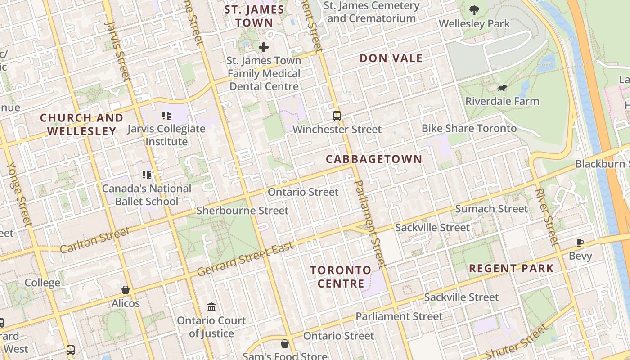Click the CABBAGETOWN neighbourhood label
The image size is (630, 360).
(x=374, y=159)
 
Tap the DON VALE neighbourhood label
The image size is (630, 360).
(x=391, y=58)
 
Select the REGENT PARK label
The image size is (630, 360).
(x=511, y=269)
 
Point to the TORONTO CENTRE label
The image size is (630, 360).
(x=341, y=277)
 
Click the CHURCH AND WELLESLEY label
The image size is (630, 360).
(x=81, y=125)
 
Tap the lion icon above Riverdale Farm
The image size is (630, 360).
(x=502, y=88)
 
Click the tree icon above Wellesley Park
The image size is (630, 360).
(x=474, y=10)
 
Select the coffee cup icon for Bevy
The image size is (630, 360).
(x=580, y=243)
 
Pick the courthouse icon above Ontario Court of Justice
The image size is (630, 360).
(x=211, y=307)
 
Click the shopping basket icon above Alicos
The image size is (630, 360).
(x=126, y=290)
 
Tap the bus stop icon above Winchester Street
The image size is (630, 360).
(x=337, y=116)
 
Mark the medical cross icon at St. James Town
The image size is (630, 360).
(x=264, y=47)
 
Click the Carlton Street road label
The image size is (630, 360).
(x=95, y=240)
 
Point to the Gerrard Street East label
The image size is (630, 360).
(x=245, y=259)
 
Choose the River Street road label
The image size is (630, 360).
(x=547, y=217)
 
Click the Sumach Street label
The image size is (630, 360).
(x=491, y=209)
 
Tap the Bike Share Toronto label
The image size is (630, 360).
(x=469, y=128)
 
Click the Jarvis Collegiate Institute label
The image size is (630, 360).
(x=166, y=135)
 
